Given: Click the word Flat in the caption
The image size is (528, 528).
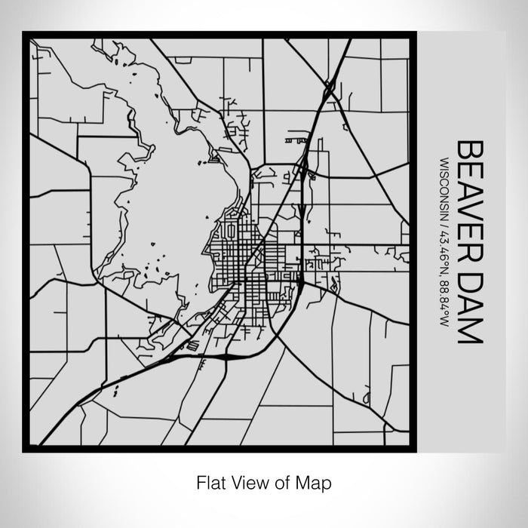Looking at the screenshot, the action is click(210, 481).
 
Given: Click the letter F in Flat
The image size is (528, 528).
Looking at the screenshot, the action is click(200, 481).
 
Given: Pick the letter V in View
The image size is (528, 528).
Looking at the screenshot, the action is click(233, 481).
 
